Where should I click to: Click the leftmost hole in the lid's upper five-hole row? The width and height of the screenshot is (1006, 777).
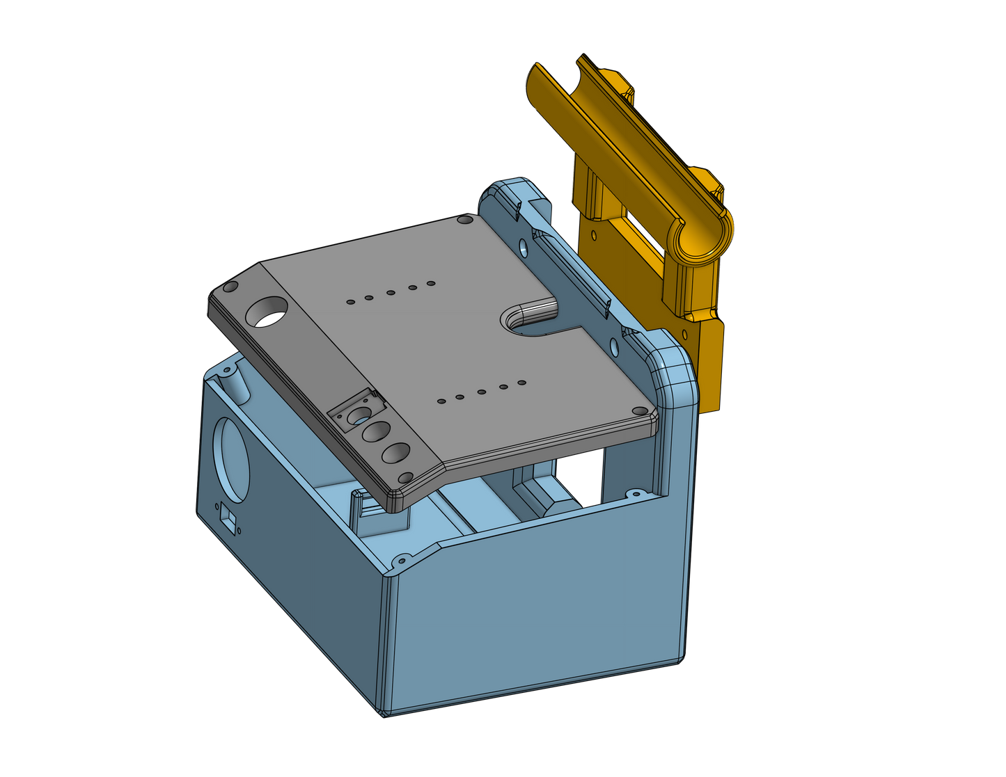[x=350, y=302]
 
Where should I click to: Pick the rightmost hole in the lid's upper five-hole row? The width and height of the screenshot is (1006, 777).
[x=431, y=284]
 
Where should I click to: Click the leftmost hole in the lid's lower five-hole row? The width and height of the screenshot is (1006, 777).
[x=440, y=401]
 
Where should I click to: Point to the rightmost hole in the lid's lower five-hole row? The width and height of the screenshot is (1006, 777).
[x=521, y=383]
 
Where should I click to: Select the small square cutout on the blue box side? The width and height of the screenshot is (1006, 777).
[x=227, y=518]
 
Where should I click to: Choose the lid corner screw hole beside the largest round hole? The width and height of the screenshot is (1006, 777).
[x=230, y=287]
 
